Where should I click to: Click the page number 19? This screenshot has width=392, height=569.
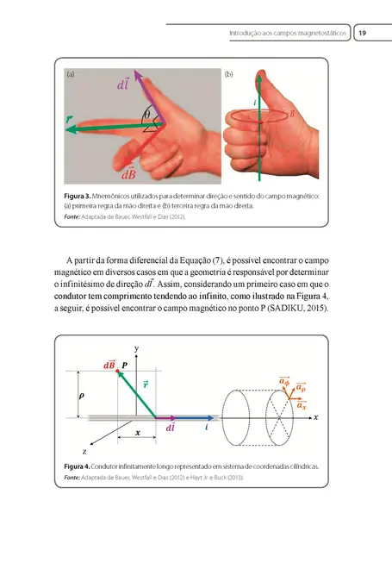coord(363,33)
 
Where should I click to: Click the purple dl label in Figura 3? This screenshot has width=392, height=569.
coord(123,85)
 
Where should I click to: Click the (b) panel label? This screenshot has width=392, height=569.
coord(229,76)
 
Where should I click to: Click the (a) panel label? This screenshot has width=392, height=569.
coord(71,76)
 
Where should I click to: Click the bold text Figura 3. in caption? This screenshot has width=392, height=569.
coord(81,196)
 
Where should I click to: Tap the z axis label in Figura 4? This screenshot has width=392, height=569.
coord(84,450)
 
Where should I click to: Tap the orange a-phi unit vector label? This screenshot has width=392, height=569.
coord(283,379)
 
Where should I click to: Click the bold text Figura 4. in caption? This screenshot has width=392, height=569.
coord(81,466)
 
